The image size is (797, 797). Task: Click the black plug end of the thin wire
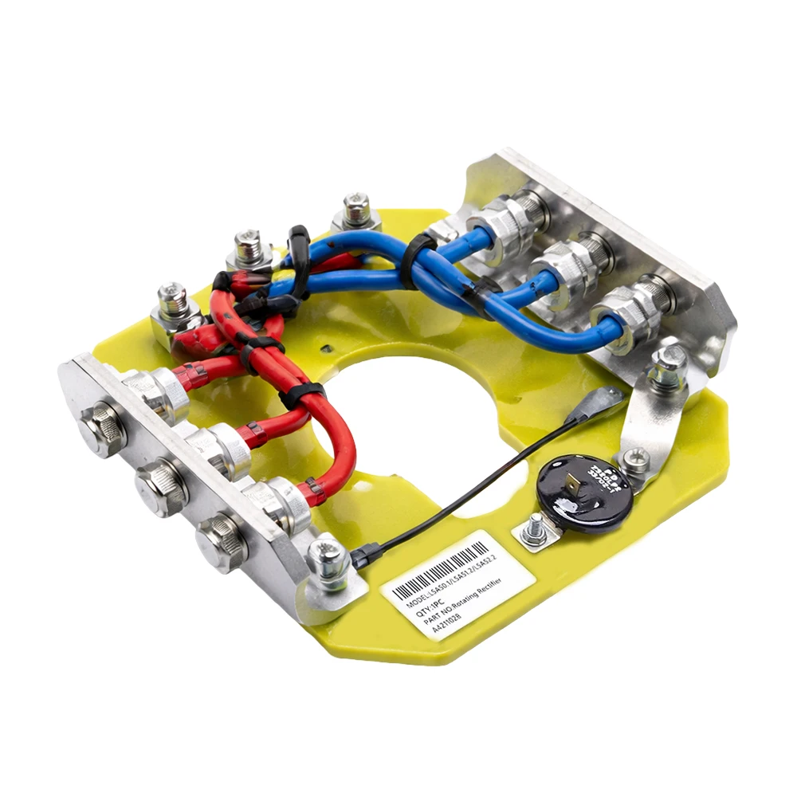click(x=363, y=555)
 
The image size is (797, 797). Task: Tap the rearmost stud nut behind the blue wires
click(x=355, y=210)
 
